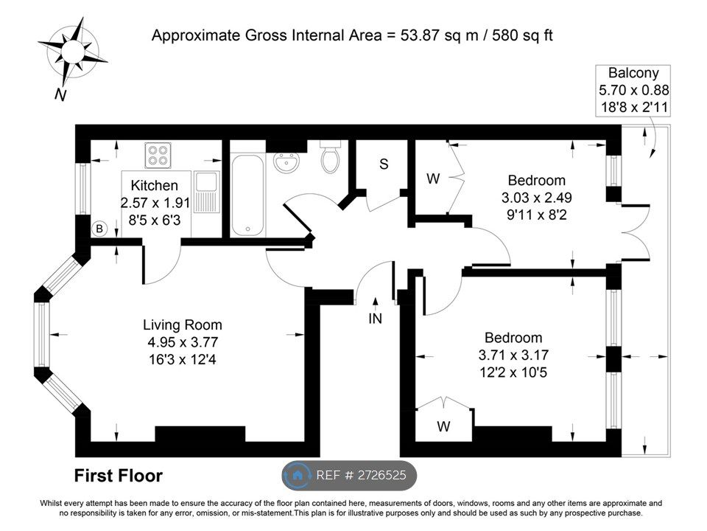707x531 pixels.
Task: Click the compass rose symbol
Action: pyautogui.click(x=72, y=51)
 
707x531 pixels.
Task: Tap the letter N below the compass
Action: pyautogui.click(x=60, y=95)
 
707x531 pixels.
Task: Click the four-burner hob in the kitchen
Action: pyautogui.click(x=158, y=155)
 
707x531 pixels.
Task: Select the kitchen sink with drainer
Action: pyautogui.click(x=207, y=192)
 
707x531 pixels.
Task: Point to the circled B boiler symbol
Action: pyautogui.click(x=99, y=229)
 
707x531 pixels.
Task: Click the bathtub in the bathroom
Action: pyautogui.click(x=247, y=195)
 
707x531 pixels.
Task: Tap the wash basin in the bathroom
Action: pyautogui.click(x=286, y=162)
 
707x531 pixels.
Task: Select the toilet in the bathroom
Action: pyautogui.click(x=331, y=156)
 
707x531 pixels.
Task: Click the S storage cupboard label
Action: pyautogui.click(x=384, y=164)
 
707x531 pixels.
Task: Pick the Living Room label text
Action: pyautogui.click(x=183, y=324)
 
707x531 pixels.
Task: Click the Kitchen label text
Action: pyautogui.click(x=154, y=185)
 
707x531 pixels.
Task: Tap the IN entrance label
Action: pyautogui.click(x=375, y=319)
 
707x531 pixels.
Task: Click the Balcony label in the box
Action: pyautogui.click(x=633, y=73)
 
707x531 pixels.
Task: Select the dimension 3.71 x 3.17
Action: pyautogui.click(x=513, y=355)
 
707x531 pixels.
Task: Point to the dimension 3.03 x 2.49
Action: pyautogui.click(x=537, y=198)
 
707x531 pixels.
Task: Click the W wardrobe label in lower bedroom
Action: pyautogui.click(x=443, y=426)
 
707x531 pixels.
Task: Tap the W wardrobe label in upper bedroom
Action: pyautogui.click(x=433, y=178)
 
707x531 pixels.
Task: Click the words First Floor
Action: pyautogui.click(x=118, y=476)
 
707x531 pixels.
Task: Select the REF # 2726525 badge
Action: pyautogui.click(x=349, y=475)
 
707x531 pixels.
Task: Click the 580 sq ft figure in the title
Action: pyautogui.click(x=522, y=35)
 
